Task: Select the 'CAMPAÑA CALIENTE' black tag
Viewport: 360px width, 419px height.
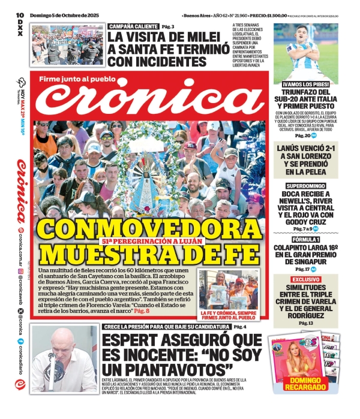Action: pyautogui.click(x=133, y=26)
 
